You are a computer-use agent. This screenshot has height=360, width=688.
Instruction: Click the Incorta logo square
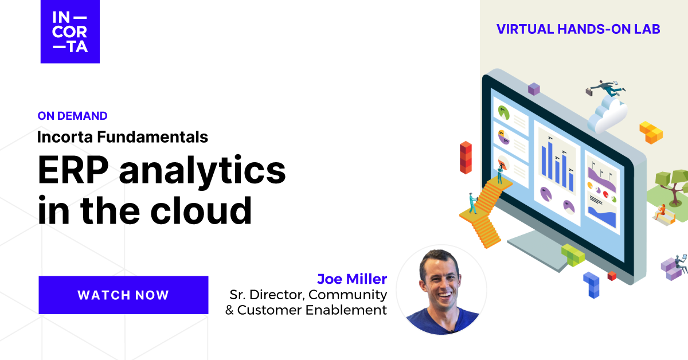pyautogui.click(x=70, y=32)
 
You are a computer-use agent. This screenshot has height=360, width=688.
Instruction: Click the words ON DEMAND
pyautogui.click(x=72, y=116)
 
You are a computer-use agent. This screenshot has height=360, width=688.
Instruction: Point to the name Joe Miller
pyautogui.click(x=352, y=279)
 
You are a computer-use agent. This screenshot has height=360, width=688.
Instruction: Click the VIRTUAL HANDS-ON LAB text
pyautogui.click(x=578, y=29)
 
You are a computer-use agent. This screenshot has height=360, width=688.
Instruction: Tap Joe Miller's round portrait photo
pyautogui.click(x=441, y=289)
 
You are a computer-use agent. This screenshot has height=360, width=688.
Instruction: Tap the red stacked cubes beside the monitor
pyautogui.click(x=466, y=157)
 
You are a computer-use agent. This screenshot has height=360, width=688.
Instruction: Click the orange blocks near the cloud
pyautogui.click(x=651, y=132)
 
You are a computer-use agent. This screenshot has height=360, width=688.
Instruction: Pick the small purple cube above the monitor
pyautogui.click(x=534, y=89)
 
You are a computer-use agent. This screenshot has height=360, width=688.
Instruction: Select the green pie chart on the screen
pyautogui.click(x=505, y=111)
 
